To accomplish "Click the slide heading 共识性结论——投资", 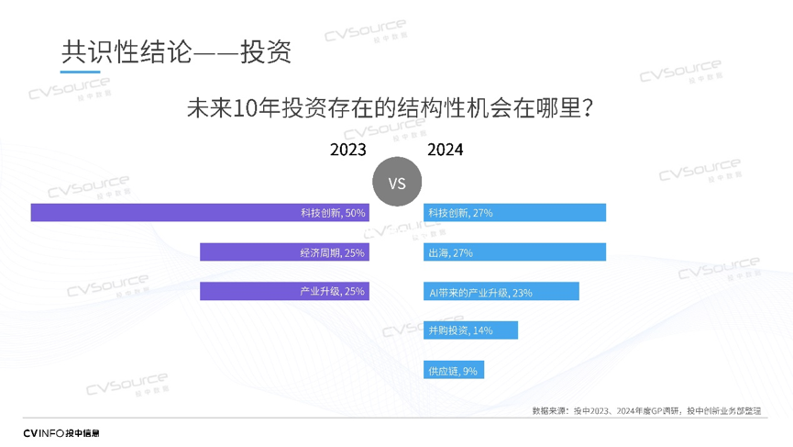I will tap(176, 51).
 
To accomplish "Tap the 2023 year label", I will tap(348, 151).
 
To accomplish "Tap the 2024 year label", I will tap(445, 151).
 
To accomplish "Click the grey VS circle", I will tap(397, 184).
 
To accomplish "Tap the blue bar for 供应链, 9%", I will tap(453, 370).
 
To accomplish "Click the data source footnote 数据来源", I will tap(646, 411).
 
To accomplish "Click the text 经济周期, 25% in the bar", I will tap(332, 252).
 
